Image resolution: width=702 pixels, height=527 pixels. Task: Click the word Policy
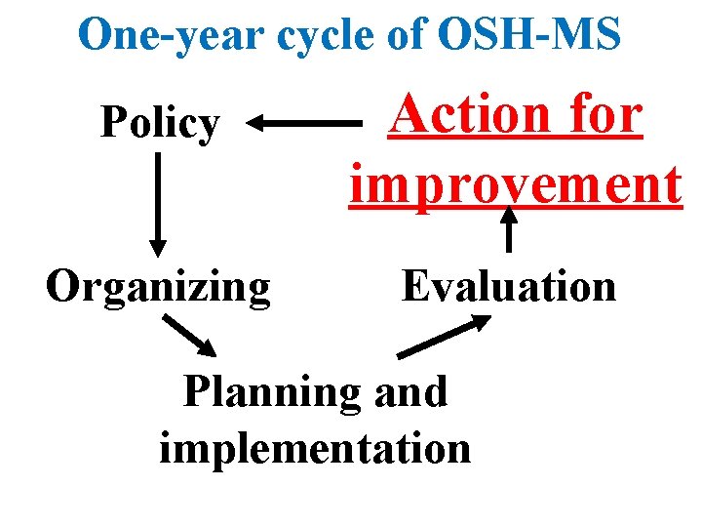click(161, 124)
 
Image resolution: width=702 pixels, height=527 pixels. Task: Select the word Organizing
click(158, 288)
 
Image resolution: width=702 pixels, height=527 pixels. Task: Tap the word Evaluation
click(509, 288)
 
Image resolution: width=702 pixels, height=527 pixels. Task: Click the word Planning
click(270, 392)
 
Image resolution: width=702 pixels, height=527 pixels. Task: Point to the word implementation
click(314, 447)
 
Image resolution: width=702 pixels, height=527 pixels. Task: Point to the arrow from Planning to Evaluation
click(444, 337)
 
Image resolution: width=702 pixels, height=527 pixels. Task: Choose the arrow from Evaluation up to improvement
click(508, 230)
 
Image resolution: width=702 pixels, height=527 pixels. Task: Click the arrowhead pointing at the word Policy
click(255, 124)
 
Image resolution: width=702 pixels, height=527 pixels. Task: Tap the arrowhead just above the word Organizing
click(157, 246)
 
